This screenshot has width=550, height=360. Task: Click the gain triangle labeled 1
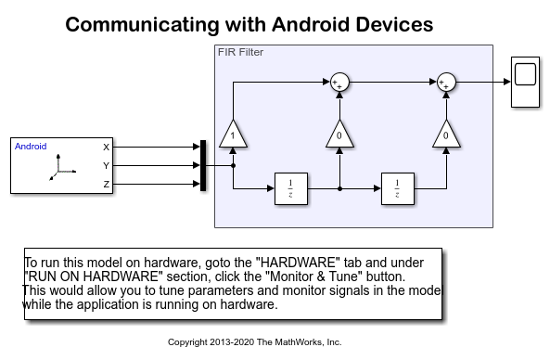point(232,135)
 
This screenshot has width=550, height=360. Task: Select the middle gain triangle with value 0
point(339,135)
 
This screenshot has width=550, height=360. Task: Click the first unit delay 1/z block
point(289,187)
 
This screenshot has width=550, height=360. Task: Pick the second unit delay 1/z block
point(396,187)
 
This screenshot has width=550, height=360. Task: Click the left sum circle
point(339,84)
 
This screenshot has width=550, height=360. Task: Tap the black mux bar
point(202,165)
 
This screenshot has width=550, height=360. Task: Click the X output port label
point(106,147)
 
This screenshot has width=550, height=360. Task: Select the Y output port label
point(106,165)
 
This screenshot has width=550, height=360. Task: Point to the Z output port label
point(106,184)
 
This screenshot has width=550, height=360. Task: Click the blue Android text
point(31,146)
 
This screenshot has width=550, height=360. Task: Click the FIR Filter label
point(240,52)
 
